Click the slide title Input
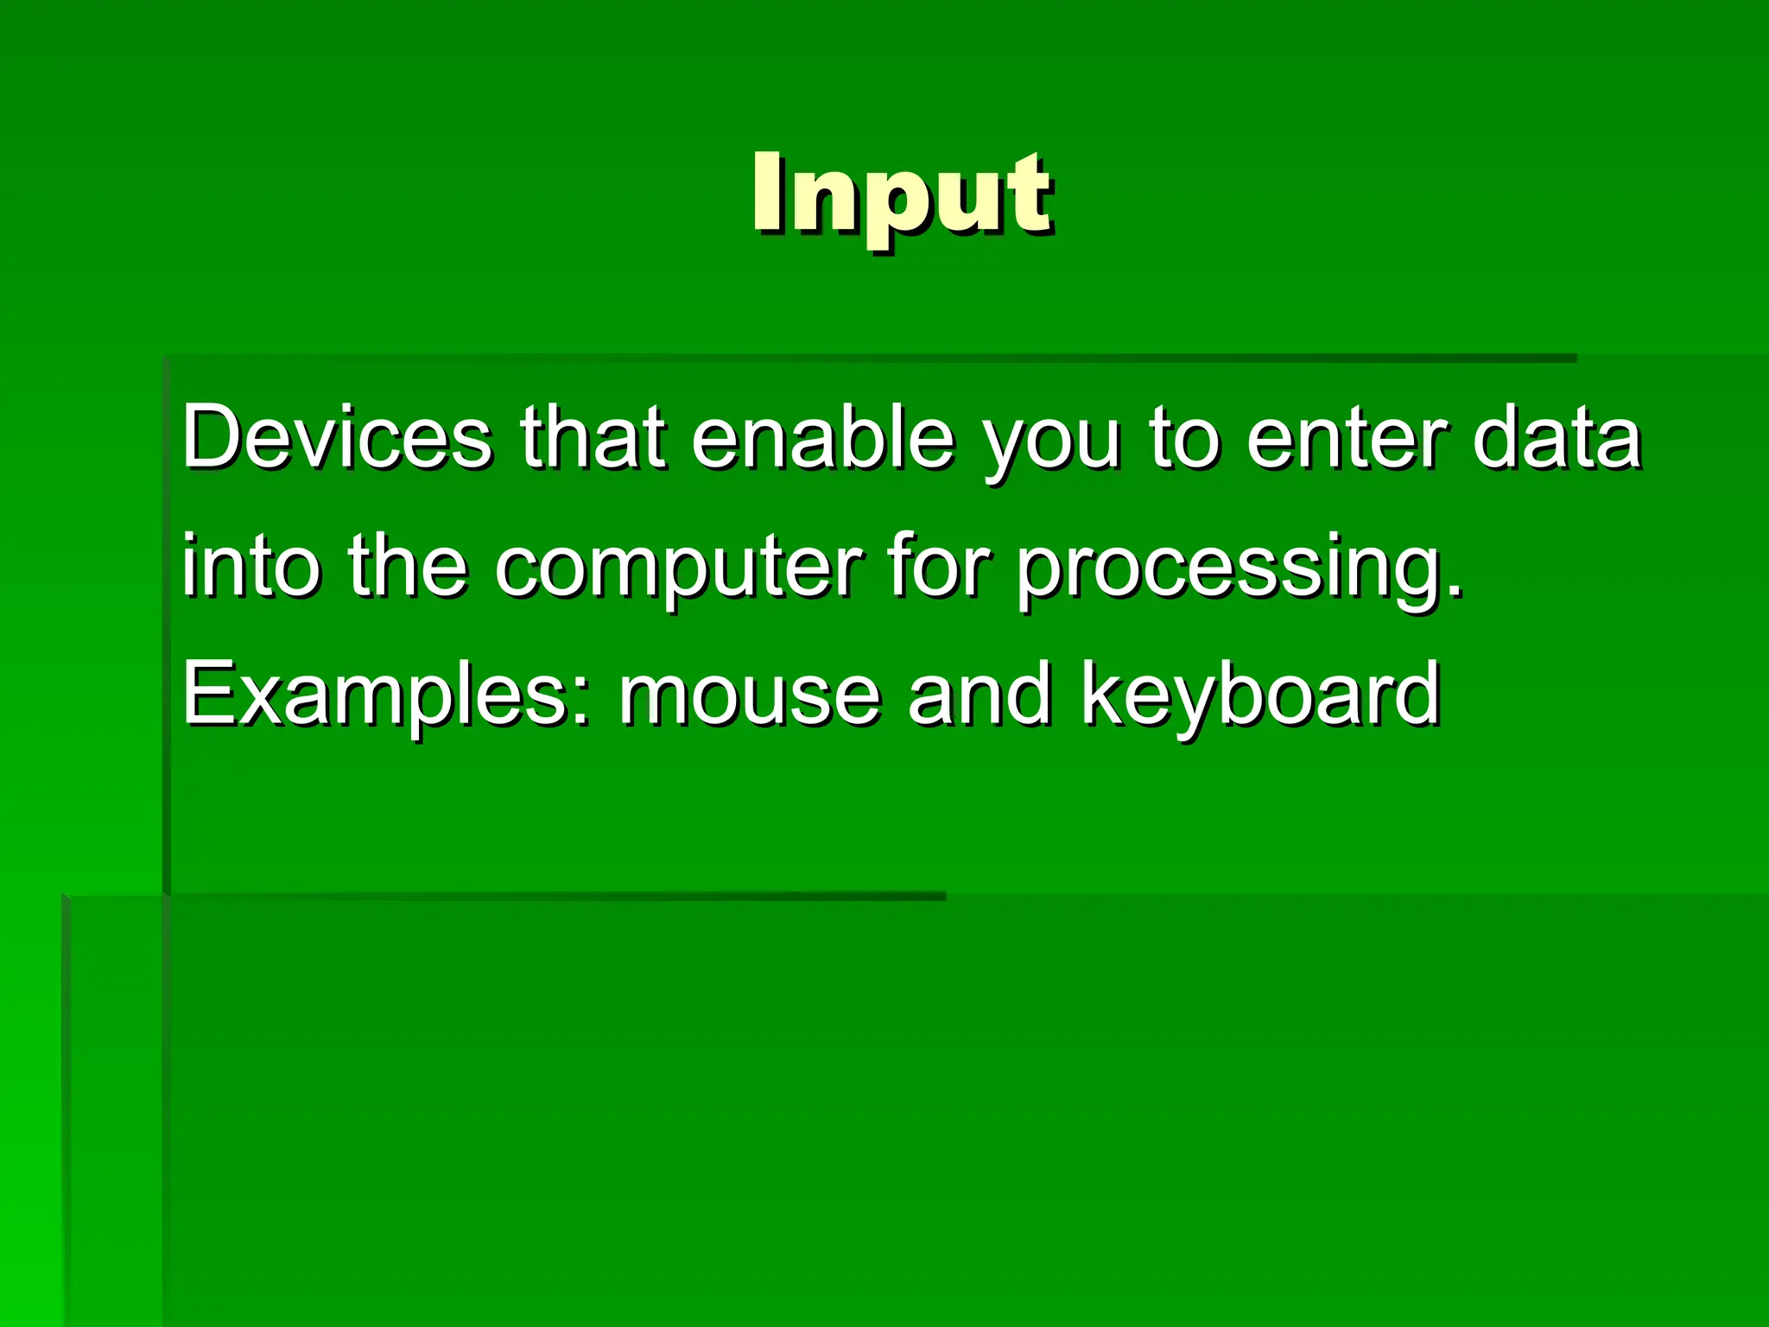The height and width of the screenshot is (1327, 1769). pos(901,194)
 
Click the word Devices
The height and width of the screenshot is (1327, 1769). pos(337,437)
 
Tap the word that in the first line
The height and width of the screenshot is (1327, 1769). pos(593,437)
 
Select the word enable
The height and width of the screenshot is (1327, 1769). pos(822,437)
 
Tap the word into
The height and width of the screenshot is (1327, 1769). pos(250,565)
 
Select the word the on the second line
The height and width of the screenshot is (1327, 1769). pos(408,565)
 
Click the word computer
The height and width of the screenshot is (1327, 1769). pos(678,570)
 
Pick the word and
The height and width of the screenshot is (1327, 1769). pos(980,695)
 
